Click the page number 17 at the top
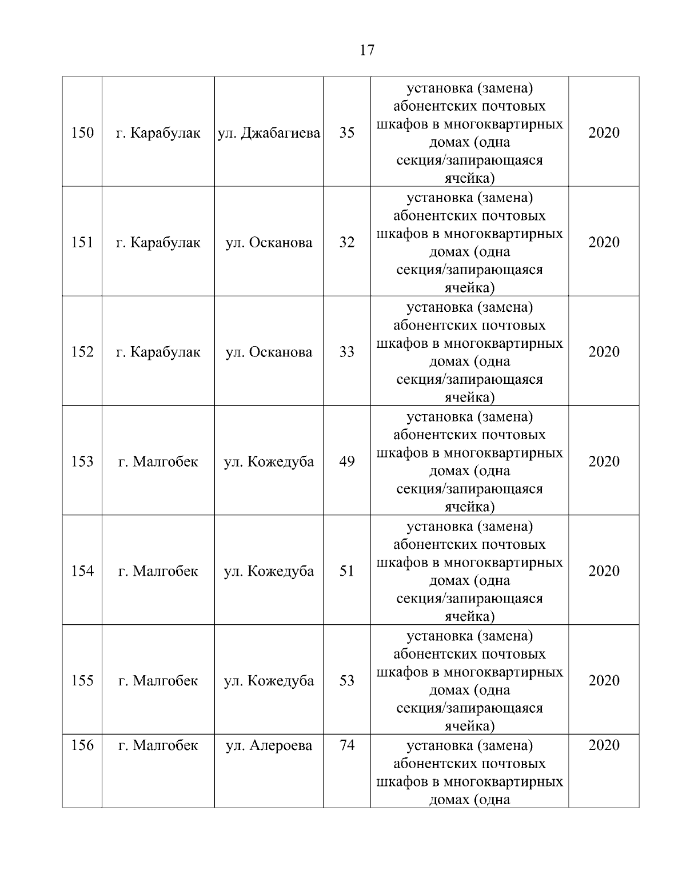click(367, 50)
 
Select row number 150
click(82, 133)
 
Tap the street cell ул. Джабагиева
click(269, 133)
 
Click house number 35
click(346, 133)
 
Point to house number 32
click(346, 242)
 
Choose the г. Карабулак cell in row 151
click(158, 243)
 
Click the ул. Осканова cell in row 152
click(269, 352)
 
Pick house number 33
click(346, 352)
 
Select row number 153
click(82, 461)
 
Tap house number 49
click(346, 461)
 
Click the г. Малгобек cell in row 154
click(158, 571)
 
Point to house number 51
click(346, 571)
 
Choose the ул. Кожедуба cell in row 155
click(269, 681)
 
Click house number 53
click(346, 681)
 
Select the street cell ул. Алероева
click(269, 745)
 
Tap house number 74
click(346, 745)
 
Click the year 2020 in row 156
click(604, 745)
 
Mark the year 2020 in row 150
click(604, 133)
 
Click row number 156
click(82, 745)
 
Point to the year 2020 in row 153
click(604, 461)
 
